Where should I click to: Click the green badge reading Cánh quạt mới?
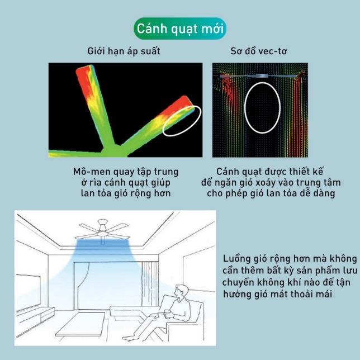(x=180, y=29)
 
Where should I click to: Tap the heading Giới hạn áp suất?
(x=124, y=51)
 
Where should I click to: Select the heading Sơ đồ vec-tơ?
(x=259, y=51)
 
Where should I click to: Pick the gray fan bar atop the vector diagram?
(x=262, y=76)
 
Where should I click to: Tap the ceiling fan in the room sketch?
(x=102, y=230)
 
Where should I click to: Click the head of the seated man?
(x=181, y=291)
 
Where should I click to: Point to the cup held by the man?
(x=168, y=314)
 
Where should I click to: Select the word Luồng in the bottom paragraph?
(x=236, y=259)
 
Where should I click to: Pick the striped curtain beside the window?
(x=150, y=284)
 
